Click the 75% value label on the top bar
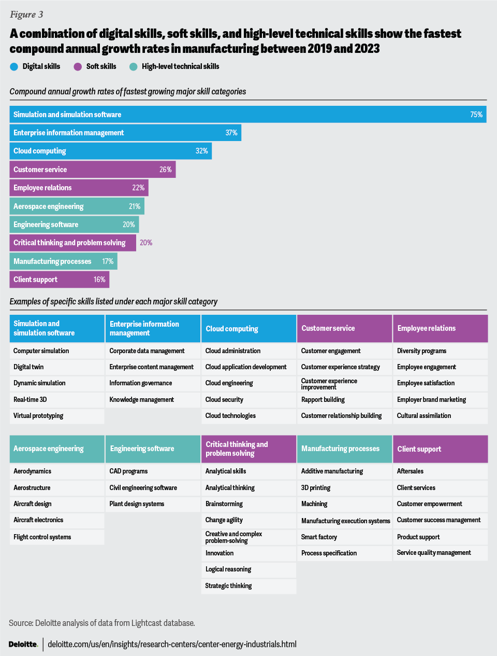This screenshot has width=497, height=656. [x=476, y=115]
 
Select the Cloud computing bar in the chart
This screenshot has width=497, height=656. [x=110, y=151]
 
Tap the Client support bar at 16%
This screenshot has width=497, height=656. [x=60, y=280]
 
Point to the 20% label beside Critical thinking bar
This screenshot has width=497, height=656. [x=146, y=243]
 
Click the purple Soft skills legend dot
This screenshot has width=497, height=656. [x=78, y=66]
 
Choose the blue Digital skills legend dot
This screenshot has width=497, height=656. [x=14, y=66]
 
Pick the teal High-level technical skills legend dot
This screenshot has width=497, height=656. [x=134, y=66]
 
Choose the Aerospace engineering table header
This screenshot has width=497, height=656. [x=57, y=449]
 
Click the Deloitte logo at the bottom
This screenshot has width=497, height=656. [x=23, y=644]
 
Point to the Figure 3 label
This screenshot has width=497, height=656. [x=26, y=15]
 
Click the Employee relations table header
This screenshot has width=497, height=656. [x=440, y=328]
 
